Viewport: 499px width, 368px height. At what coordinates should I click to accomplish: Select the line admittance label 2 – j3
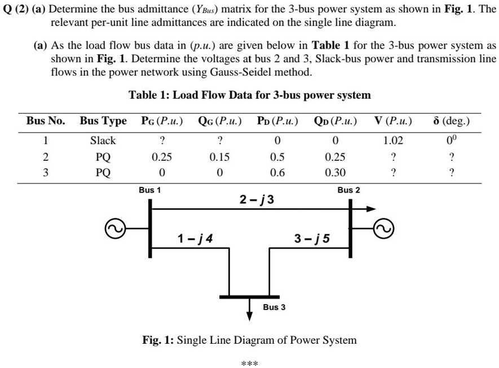tap(257, 199)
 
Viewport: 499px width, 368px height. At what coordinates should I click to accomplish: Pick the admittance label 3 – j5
tap(312, 238)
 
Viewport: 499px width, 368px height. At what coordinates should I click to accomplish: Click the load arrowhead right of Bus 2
tap(370, 209)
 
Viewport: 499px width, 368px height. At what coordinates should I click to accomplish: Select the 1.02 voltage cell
tap(393, 140)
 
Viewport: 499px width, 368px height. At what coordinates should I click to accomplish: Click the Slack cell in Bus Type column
tap(103, 140)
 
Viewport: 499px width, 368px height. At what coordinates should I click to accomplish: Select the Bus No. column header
tap(46, 121)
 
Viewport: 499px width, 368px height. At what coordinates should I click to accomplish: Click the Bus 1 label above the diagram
tap(150, 190)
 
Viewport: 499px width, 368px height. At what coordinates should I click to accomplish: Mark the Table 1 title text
tap(250, 95)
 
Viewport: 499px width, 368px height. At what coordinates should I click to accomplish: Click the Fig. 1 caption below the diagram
tap(250, 340)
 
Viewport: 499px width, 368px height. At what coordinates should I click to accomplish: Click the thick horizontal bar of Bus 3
tap(249, 297)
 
